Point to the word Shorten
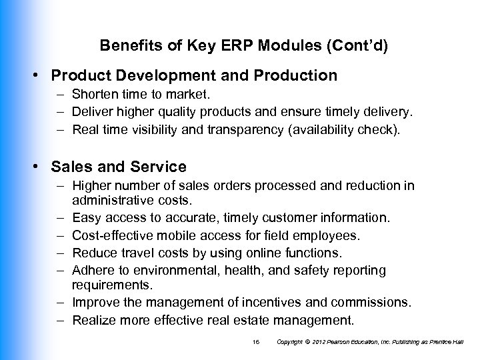pyautogui.click(x=96, y=97)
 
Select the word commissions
pyautogui.click(x=370, y=303)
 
